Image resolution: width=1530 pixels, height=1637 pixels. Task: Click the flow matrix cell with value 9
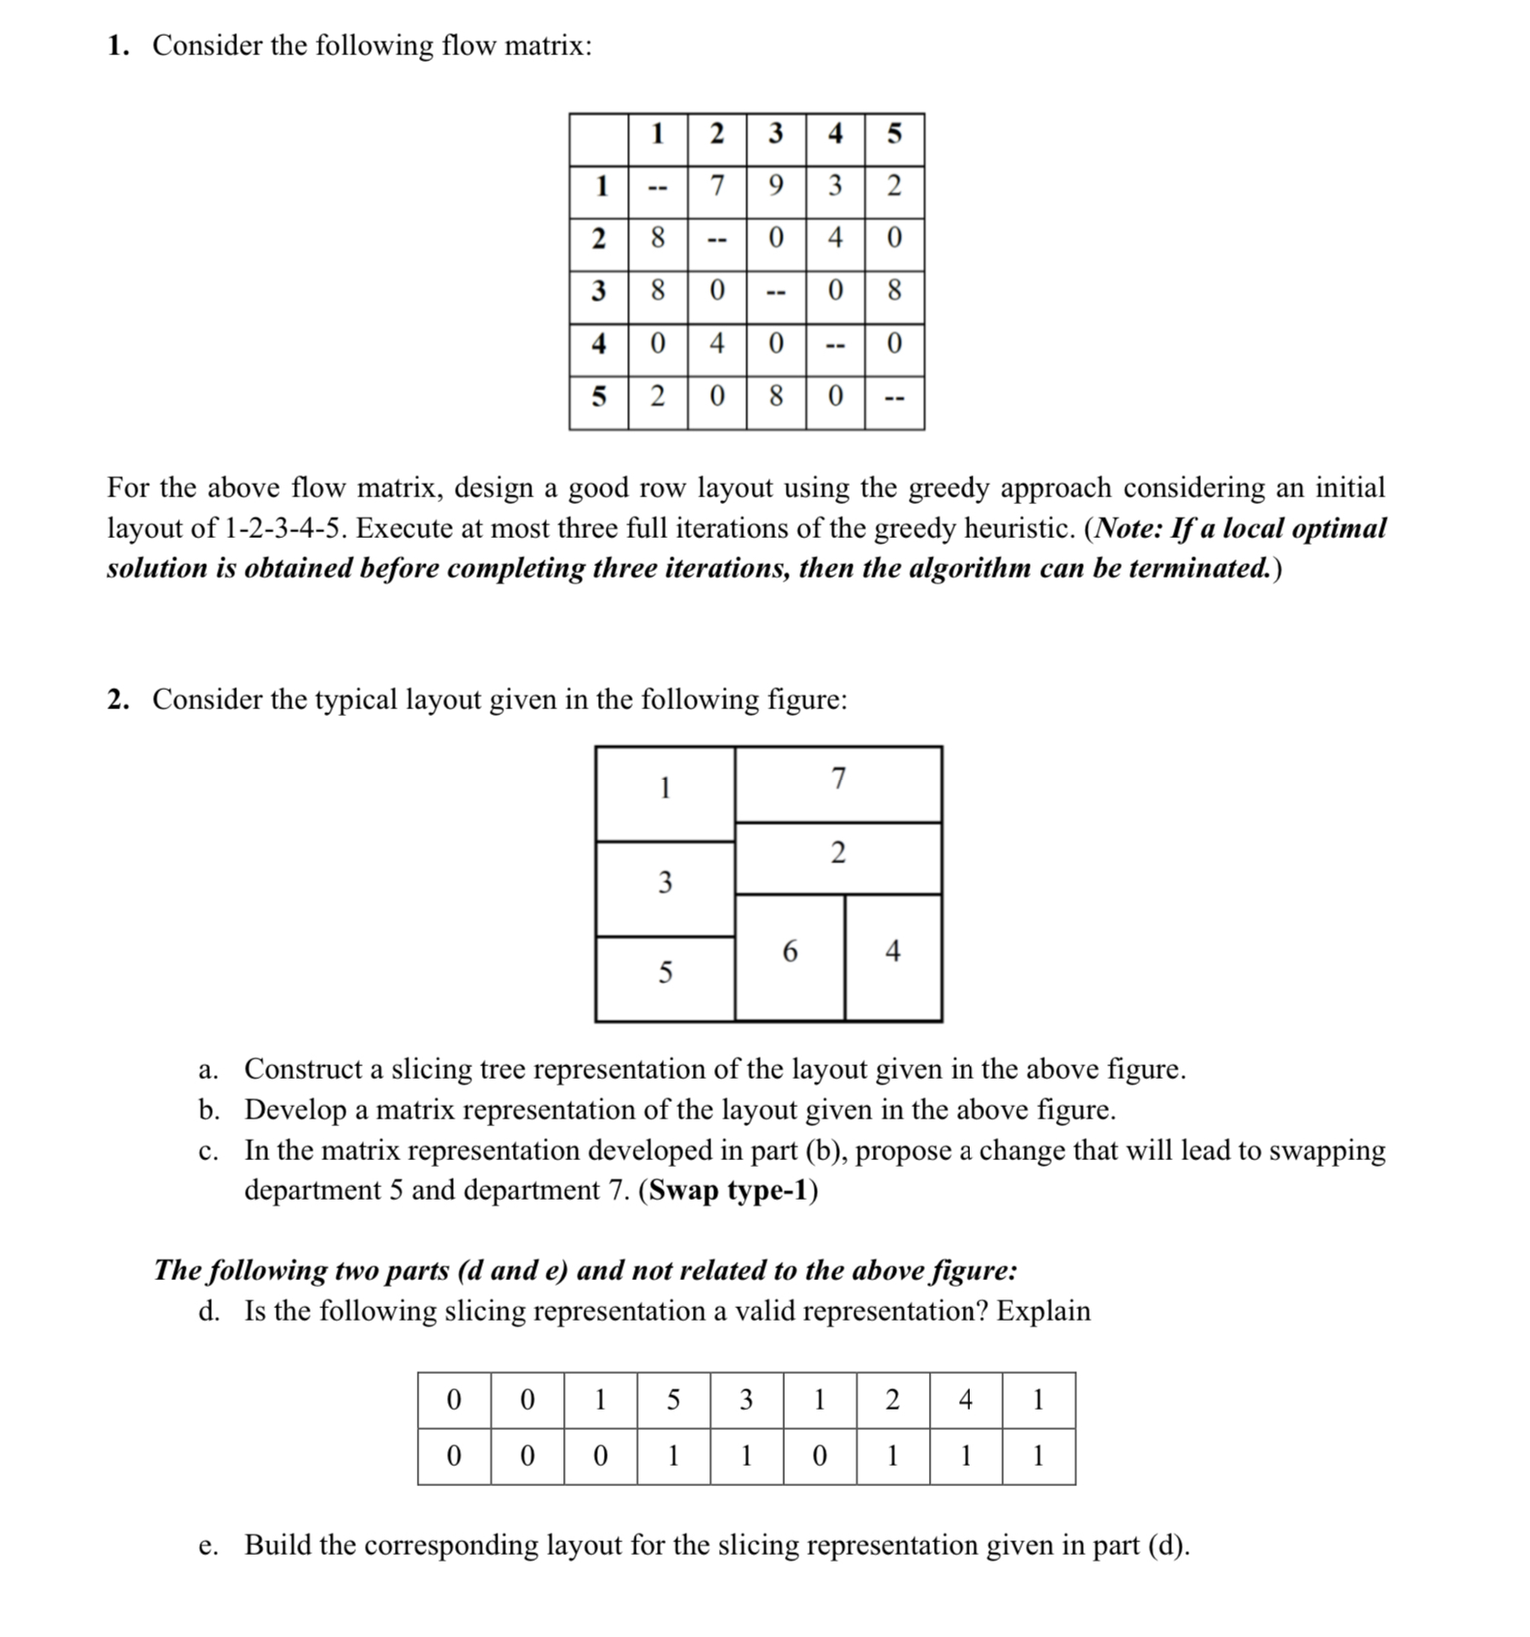(775, 185)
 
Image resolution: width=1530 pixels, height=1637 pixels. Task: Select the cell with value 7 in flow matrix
(716, 185)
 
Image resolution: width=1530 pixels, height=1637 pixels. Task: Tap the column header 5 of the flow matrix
(894, 134)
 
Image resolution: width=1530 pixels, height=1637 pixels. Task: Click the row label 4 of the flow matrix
(599, 342)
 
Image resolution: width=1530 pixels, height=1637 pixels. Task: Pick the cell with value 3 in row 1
(835, 185)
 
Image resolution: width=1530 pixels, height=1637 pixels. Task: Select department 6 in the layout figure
(790, 953)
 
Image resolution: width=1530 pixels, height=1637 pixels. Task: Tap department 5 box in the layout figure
(665, 973)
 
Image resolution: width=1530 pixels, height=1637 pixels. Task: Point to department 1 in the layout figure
(665, 789)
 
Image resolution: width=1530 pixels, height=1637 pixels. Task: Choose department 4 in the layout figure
(892, 953)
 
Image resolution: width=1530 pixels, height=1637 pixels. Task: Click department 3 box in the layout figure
(665, 883)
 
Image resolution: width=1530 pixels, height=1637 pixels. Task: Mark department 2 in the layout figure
(838, 854)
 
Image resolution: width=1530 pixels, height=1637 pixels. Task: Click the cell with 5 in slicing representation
(674, 1399)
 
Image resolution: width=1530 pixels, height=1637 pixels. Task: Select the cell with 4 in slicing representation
(965, 1399)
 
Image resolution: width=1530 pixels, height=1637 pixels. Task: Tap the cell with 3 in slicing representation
(746, 1399)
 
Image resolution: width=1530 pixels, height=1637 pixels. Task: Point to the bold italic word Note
(1125, 528)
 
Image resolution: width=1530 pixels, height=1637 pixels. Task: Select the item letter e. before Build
(208, 1545)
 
